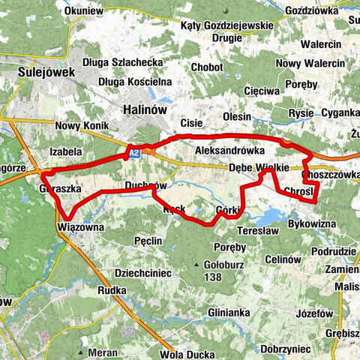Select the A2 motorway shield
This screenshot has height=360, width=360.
[133, 154]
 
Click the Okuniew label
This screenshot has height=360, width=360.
[84, 11]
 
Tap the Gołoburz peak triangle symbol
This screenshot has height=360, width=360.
[199, 265]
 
